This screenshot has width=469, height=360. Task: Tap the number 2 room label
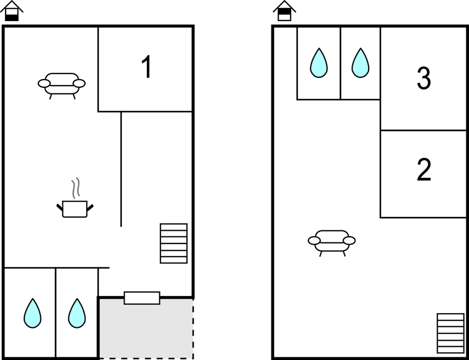424,170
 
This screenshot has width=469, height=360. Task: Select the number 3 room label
424,78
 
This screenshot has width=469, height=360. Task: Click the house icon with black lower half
12,11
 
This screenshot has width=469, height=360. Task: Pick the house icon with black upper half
285,11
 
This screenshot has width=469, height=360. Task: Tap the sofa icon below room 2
332,243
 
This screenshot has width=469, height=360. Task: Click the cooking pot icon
75,208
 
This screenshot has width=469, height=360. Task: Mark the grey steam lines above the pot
76,188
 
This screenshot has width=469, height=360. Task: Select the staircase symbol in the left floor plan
174,243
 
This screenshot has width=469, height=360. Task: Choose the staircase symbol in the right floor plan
450,333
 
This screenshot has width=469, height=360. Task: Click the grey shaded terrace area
146,329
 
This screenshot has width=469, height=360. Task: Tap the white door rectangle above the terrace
142,298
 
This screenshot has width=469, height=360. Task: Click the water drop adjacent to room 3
360,63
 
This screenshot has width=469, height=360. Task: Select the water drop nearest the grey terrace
77,313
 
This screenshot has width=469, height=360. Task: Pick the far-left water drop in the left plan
33,313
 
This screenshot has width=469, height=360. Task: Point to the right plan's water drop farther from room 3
319,63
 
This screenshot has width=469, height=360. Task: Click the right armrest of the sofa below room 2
349,240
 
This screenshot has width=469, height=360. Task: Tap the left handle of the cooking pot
60,207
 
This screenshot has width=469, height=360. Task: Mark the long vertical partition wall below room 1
121,169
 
